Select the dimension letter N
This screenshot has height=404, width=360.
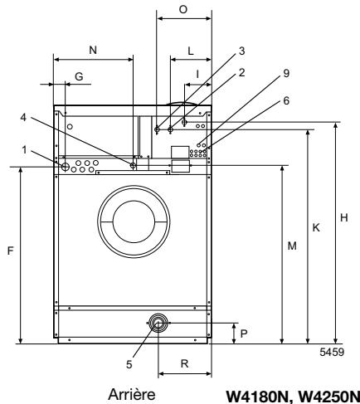coord(92,51)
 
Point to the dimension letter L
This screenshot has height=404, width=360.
coord(191,51)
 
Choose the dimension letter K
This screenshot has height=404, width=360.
coord(316,228)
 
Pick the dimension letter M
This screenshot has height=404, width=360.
coord(290,246)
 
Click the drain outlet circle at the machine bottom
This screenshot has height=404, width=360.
coord(155,324)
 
